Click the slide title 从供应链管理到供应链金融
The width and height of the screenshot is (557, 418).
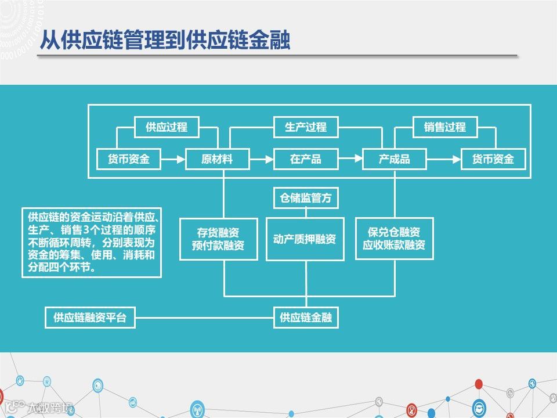[x=165, y=40]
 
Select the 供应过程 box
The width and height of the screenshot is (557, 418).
[x=167, y=127]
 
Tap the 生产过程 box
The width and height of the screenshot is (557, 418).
[x=306, y=127]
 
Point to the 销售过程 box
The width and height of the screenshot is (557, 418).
[x=445, y=127]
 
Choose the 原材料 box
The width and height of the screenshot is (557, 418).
[x=217, y=159]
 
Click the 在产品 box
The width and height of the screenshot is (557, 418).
[x=306, y=159]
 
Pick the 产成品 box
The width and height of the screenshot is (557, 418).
[x=395, y=159]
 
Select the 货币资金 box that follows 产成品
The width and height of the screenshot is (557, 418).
[x=493, y=159]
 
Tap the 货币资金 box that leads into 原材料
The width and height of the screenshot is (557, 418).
[x=129, y=159]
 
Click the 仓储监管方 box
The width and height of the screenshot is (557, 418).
[x=306, y=198]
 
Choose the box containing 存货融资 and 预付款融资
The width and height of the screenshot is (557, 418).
[x=218, y=239]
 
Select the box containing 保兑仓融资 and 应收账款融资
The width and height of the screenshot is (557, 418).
[x=394, y=239]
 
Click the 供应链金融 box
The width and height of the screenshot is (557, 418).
[x=306, y=318]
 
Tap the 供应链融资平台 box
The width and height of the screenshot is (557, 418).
[x=90, y=318]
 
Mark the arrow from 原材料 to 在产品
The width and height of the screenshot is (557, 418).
[x=261, y=159]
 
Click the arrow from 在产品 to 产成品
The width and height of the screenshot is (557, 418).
[x=350, y=159]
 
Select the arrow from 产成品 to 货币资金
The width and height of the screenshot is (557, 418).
[x=443, y=159]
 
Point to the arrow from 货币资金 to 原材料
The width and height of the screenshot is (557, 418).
[x=173, y=159]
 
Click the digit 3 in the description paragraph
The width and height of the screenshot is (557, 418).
[x=85, y=230]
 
